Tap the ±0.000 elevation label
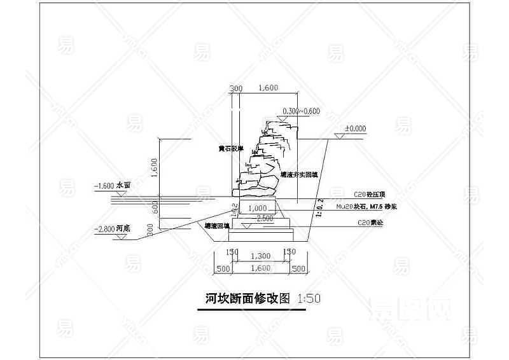pyautogui.click(x=355, y=128)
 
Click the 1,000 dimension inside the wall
pyautogui.click(x=257, y=208)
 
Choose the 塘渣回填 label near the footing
pyautogui.click(x=216, y=226)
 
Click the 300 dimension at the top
pyautogui.click(x=236, y=88)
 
